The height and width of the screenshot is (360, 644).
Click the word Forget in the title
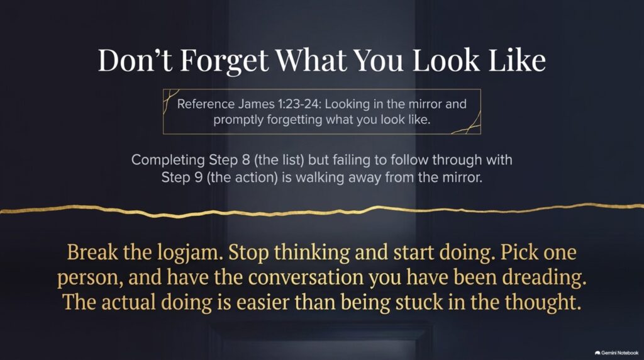225,61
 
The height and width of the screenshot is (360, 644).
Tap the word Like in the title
518,60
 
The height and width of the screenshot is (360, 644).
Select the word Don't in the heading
135,60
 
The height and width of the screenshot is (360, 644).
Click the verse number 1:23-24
299,104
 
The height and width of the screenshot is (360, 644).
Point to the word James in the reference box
255,104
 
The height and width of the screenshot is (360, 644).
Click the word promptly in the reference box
238,120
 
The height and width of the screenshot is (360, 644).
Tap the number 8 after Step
246,159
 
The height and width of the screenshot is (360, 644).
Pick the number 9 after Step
198,177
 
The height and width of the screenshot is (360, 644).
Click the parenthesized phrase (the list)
279,159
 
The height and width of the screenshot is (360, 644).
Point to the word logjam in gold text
190,253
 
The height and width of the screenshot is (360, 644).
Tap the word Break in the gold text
92,252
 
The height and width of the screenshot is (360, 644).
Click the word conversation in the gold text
306,278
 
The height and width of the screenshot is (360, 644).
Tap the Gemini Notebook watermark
616,352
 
